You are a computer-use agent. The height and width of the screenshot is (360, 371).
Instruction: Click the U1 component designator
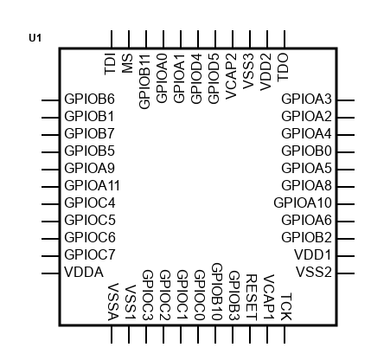tap(35, 38)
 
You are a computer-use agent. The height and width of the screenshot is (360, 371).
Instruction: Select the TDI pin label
tap(110, 64)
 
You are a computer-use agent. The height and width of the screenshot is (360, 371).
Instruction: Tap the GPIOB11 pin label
tap(144, 81)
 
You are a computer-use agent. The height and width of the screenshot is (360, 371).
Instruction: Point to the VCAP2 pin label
tap(231, 76)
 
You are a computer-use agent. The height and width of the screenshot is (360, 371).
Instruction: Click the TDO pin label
tap(283, 67)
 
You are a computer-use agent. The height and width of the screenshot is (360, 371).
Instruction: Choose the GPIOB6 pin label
tap(89, 99)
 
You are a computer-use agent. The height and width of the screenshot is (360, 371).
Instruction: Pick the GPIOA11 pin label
tap(92, 185)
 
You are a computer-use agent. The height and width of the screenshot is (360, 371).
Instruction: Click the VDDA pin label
tap(84, 272)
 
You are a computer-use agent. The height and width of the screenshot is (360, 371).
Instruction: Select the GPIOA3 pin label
tap(306, 99)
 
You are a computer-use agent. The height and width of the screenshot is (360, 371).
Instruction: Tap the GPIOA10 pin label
tap(303, 202)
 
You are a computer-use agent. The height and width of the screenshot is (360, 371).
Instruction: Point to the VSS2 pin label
tap(314, 272)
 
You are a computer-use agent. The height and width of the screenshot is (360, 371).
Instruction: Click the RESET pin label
tap(252, 298)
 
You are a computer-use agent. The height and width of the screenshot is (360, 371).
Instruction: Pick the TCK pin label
tap(286, 306)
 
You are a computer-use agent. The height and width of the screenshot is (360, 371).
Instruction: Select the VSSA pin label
tap(113, 302)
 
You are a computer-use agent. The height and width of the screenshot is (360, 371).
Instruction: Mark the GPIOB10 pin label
tap(217, 292)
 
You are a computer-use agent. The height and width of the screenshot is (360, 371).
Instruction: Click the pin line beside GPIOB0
tap(346, 152)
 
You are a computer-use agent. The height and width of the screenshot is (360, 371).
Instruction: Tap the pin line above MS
tap(129, 39)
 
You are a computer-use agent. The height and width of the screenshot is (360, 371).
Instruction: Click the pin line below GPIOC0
tap(198, 335)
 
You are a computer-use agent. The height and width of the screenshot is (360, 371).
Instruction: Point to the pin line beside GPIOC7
tap(50, 256)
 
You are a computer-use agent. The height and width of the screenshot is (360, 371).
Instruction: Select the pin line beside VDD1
tap(346, 256)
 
